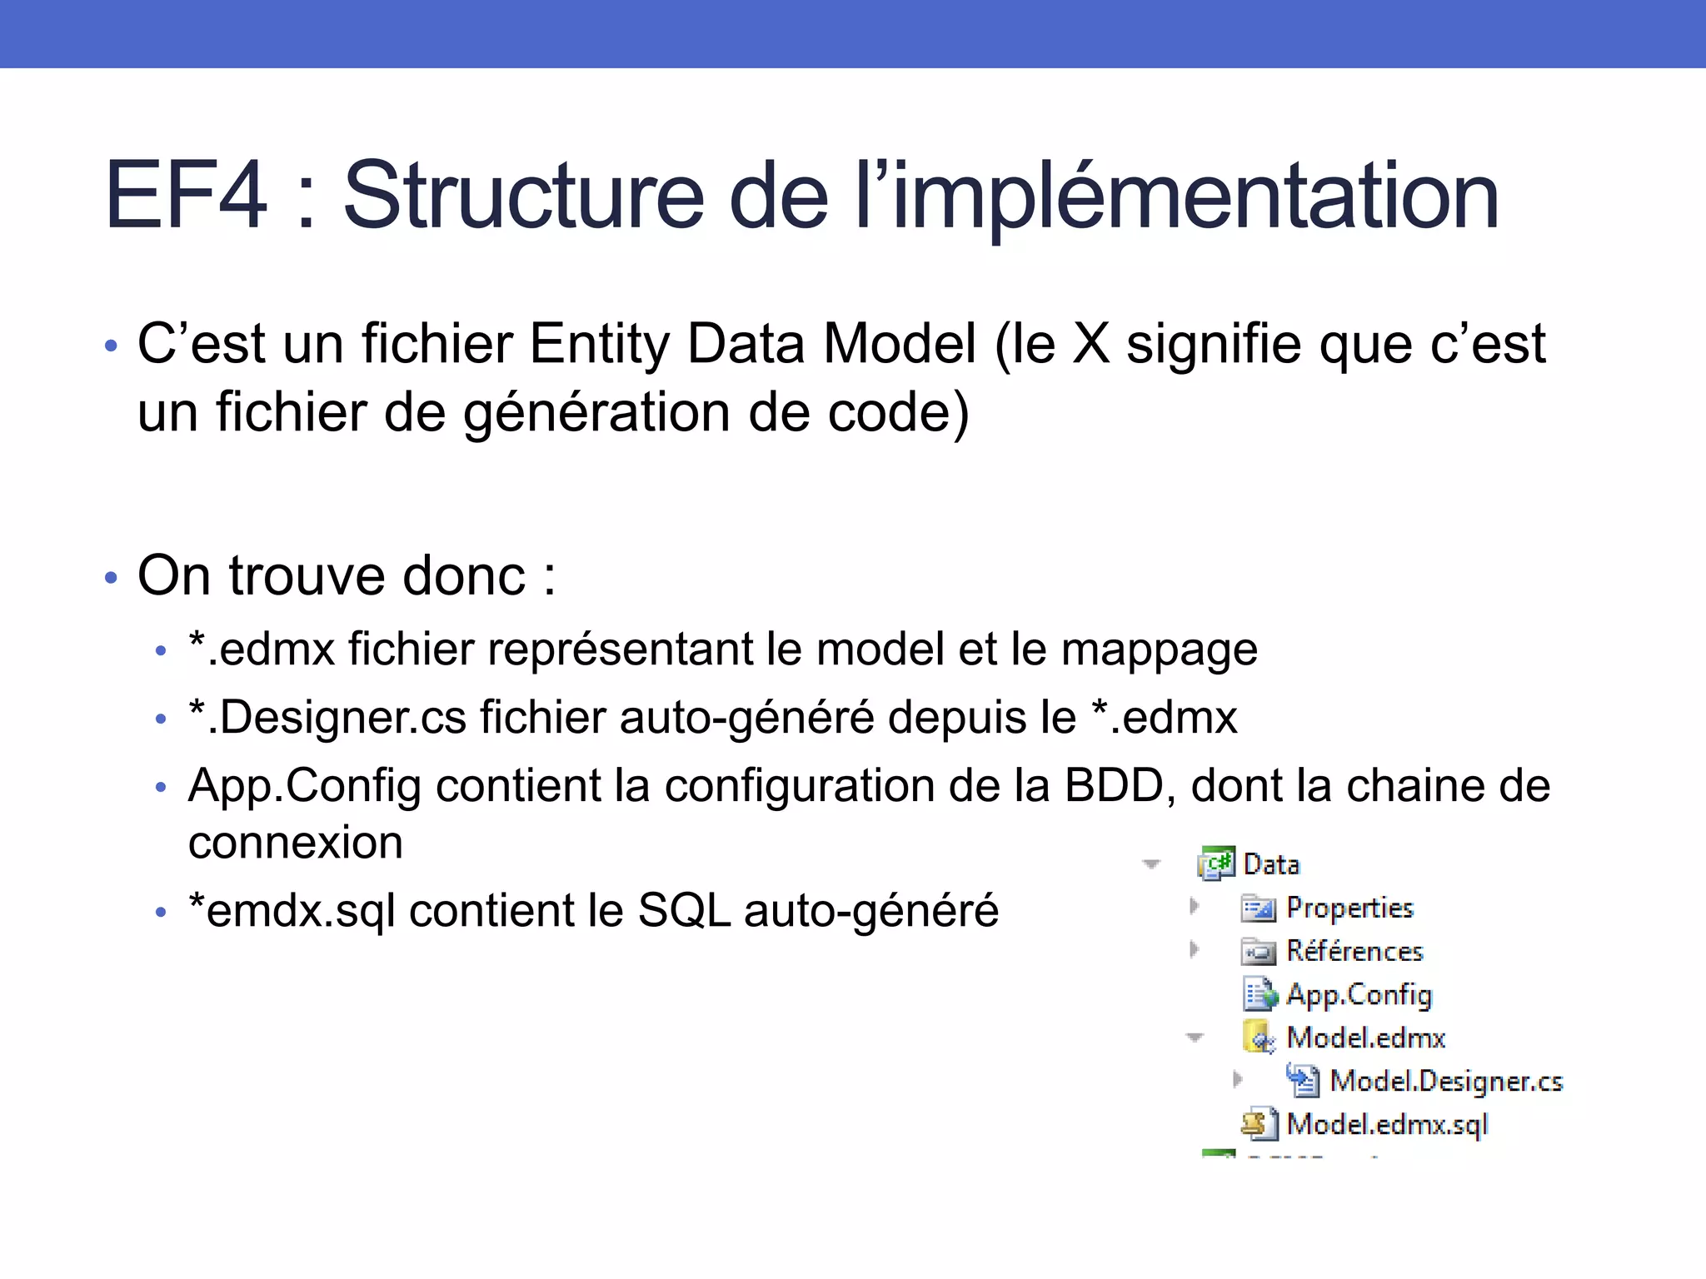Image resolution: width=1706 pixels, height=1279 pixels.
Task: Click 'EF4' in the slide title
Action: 186,196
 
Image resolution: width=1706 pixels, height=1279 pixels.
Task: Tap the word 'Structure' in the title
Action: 524,196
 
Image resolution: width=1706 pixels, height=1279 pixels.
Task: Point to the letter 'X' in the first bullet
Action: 1091,344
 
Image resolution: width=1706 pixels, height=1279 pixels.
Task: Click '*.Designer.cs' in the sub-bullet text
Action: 327,718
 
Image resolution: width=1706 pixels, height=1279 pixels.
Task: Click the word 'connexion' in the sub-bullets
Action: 296,843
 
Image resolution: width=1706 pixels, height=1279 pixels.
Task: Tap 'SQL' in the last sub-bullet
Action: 684,910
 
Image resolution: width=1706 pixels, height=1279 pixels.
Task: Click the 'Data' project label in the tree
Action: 1271,864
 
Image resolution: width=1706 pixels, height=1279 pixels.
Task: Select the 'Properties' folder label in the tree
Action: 1349,908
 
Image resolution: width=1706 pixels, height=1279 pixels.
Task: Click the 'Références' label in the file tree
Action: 1354,951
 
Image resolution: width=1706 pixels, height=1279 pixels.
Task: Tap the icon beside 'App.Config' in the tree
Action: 1259,994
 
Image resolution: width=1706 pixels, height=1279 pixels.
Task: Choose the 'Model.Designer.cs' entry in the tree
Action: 1446,1081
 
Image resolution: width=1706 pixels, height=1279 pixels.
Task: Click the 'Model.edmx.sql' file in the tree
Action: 1387,1125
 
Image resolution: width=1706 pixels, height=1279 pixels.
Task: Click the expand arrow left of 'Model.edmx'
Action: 1195,1038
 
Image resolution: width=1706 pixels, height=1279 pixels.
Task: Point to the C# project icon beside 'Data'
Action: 1216,863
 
